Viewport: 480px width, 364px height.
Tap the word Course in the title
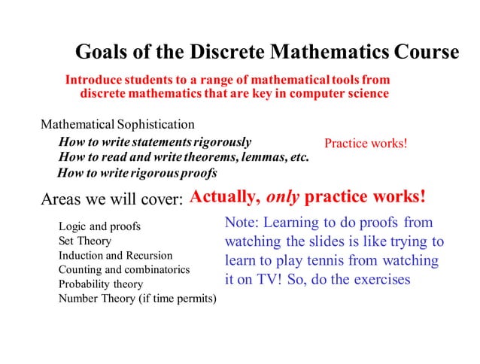[426, 53]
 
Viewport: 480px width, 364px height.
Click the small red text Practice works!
[365, 143]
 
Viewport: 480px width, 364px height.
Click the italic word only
[283, 198]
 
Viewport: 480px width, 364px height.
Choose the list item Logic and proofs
[99, 226]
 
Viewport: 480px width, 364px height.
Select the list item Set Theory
[84, 241]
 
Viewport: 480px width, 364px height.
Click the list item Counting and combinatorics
[124, 269]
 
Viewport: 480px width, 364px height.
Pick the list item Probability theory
[101, 284]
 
